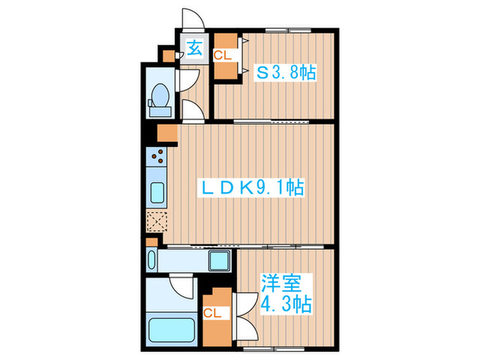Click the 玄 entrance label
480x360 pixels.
point(195,49)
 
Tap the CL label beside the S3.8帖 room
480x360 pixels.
point(222,56)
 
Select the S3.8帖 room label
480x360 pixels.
point(286,72)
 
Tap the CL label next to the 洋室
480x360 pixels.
point(212,313)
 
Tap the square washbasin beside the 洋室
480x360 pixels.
point(219,261)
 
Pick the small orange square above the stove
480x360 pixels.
point(167,132)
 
